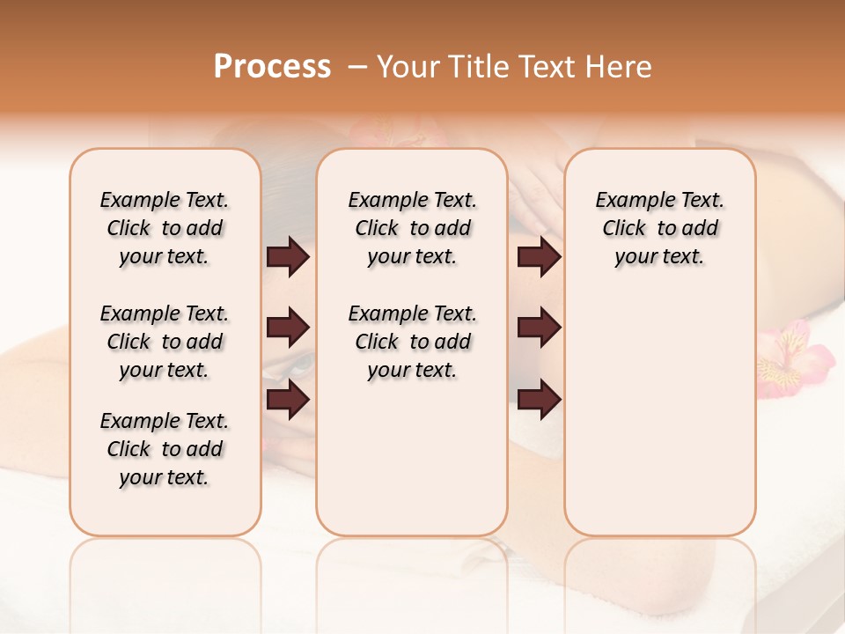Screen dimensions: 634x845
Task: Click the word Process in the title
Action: click(272, 67)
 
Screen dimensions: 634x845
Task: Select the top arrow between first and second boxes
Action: click(288, 256)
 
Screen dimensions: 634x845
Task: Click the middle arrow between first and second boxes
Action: click(288, 328)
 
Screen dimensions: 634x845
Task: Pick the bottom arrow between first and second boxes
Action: click(288, 399)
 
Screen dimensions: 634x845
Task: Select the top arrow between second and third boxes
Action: click(539, 256)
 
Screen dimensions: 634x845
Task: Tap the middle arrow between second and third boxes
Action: click(539, 328)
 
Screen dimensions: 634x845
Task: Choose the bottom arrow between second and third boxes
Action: click(539, 399)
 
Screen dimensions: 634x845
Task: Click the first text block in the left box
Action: click(165, 228)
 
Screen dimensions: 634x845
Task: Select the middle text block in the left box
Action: click(165, 342)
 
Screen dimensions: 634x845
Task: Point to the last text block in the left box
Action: click(165, 449)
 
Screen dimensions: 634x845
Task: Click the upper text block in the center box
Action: click(412, 228)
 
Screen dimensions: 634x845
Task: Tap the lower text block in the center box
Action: click(412, 342)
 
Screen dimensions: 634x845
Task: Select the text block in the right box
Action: click(659, 228)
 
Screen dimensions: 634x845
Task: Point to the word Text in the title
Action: click(546, 67)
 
